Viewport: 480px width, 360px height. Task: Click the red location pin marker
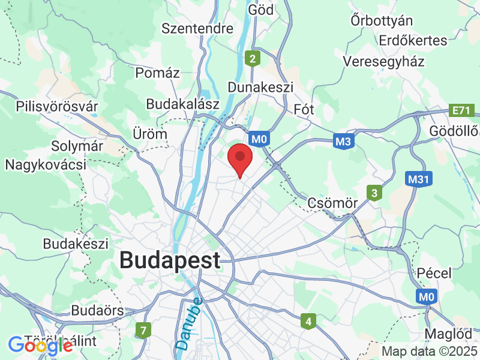coord(240,158)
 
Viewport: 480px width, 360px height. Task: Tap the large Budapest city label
coord(170,260)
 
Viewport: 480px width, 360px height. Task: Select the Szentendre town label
coord(197,28)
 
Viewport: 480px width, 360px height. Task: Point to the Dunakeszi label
coord(260,87)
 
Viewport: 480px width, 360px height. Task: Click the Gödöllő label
coord(454,131)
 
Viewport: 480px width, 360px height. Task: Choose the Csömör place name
coord(332,203)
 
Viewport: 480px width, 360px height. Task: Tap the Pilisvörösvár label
coord(57,106)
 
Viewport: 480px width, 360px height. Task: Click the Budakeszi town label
coord(76,244)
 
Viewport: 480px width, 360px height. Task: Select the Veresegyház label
coord(384,61)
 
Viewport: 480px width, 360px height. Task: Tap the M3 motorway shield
coord(343,141)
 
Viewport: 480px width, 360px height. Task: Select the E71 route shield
coord(463,110)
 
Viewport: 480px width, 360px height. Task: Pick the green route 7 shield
coord(143,329)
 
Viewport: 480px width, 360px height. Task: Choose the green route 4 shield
coord(308,321)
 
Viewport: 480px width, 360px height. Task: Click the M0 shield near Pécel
coord(426,296)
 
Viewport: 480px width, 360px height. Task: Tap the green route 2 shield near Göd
coord(253,58)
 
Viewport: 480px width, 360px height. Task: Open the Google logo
coord(40,345)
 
